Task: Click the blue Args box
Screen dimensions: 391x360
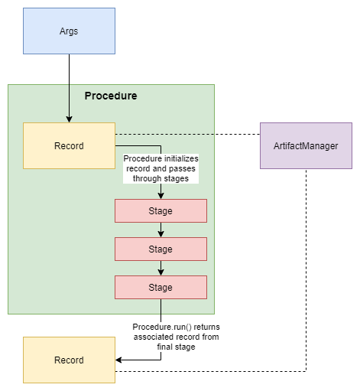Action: [x=69, y=31]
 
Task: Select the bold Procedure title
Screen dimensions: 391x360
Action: [x=111, y=96]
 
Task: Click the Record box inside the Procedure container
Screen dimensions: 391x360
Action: [x=69, y=145]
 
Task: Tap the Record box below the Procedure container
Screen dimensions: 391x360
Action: [x=69, y=360]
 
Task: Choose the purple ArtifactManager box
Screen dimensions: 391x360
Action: [x=306, y=145]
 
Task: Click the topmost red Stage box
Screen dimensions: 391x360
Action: [x=161, y=210]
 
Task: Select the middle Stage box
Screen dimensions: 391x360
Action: [x=161, y=249]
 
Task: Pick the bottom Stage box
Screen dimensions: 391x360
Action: [x=161, y=287]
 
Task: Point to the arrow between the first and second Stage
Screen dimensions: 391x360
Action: [x=161, y=230]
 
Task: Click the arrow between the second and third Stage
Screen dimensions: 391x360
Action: [x=161, y=268]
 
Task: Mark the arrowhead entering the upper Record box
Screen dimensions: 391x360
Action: [x=69, y=119]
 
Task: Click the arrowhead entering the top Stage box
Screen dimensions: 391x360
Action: [x=161, y=195]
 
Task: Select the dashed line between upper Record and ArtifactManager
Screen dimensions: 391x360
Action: [x=187, y=134]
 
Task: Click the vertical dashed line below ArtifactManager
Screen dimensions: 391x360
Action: [x=306, y=268]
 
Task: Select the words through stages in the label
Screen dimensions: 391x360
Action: [x=161, y=178]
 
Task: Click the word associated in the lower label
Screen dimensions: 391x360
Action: [x=151, y=336]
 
